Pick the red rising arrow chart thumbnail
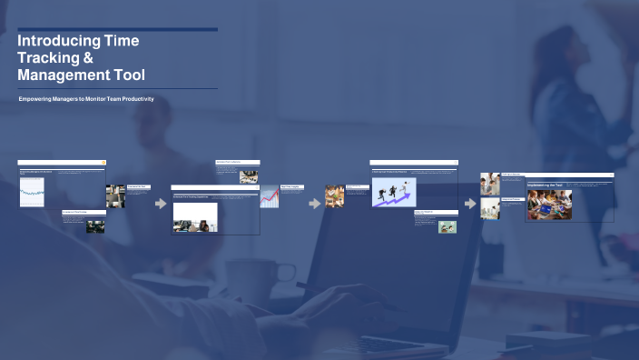point(270,197)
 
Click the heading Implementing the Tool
point(546,185)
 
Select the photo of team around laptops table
point(549,205)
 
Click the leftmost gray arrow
point(161,204)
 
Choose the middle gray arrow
point(315,204)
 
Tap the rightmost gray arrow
point(470,204)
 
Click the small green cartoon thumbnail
point(447,227)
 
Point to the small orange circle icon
point(104,162)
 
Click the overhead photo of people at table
point(334,196)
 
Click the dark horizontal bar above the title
point(117,29)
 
